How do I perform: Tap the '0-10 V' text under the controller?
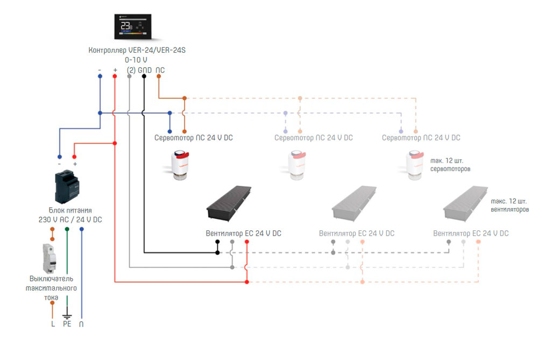(x=136, y=60)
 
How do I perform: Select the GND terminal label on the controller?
(x=144, y=70)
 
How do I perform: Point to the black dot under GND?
(x=144, y=76)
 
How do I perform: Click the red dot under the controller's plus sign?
(x=115, y=76)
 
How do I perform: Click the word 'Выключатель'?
(x=51, y=279)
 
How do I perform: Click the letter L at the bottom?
(x=52, y=324)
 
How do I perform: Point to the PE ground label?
(x=67, y=324)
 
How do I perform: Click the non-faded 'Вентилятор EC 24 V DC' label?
(x=243, y=234)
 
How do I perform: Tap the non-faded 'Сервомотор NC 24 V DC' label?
(x=194, y=138)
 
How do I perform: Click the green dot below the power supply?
(x=67, y=229)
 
